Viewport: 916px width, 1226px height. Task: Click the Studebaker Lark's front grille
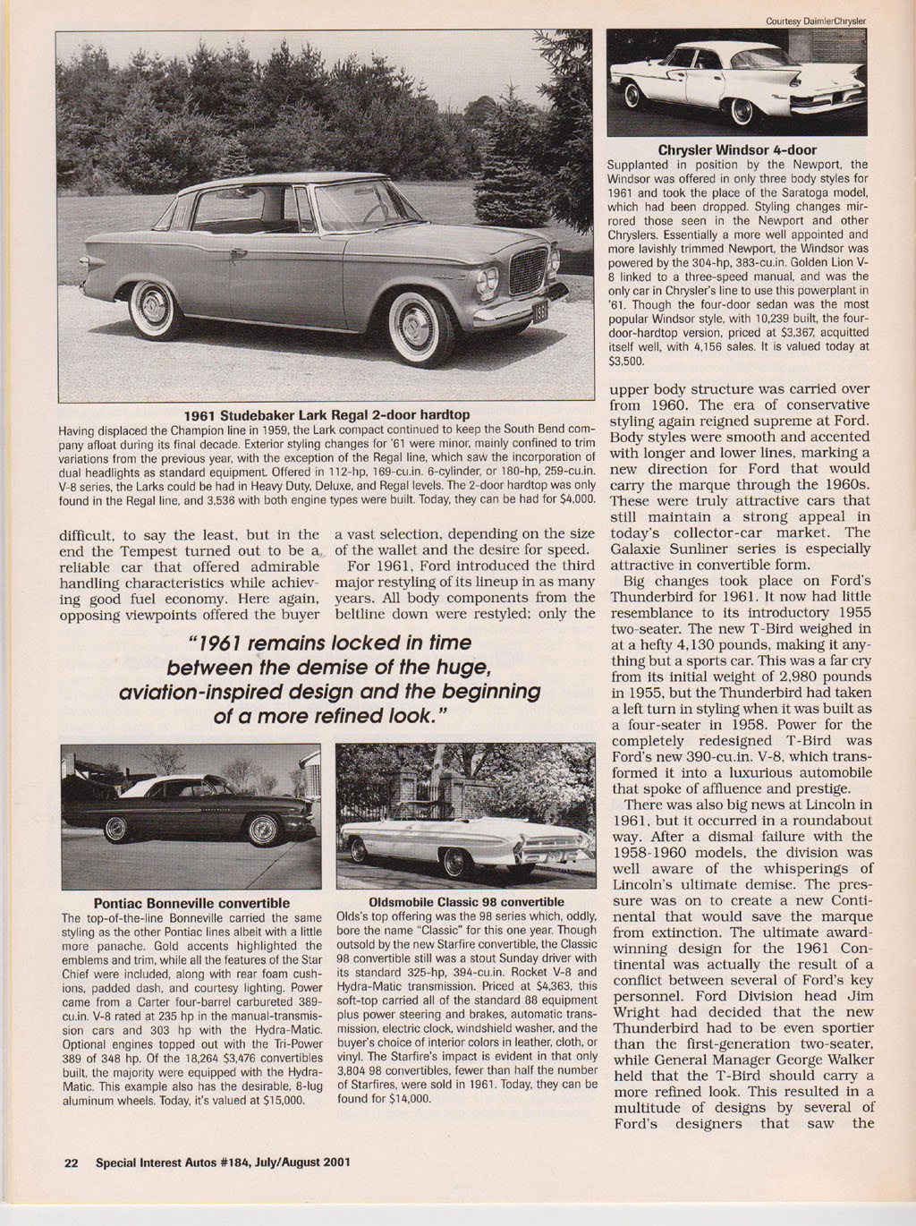(x=530, y=271)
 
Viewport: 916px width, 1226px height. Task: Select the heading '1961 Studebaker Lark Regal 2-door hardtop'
(x=327, y=414)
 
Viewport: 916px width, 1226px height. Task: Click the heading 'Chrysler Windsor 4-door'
(x=737, y=149)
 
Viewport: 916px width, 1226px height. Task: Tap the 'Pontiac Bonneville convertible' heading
(x=191, y=903)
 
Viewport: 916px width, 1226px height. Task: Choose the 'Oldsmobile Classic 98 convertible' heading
(x=466, y=902)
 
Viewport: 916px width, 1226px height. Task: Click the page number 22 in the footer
(x=72, y=1163)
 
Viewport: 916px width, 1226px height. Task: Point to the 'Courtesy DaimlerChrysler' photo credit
(x=818, y=21)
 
